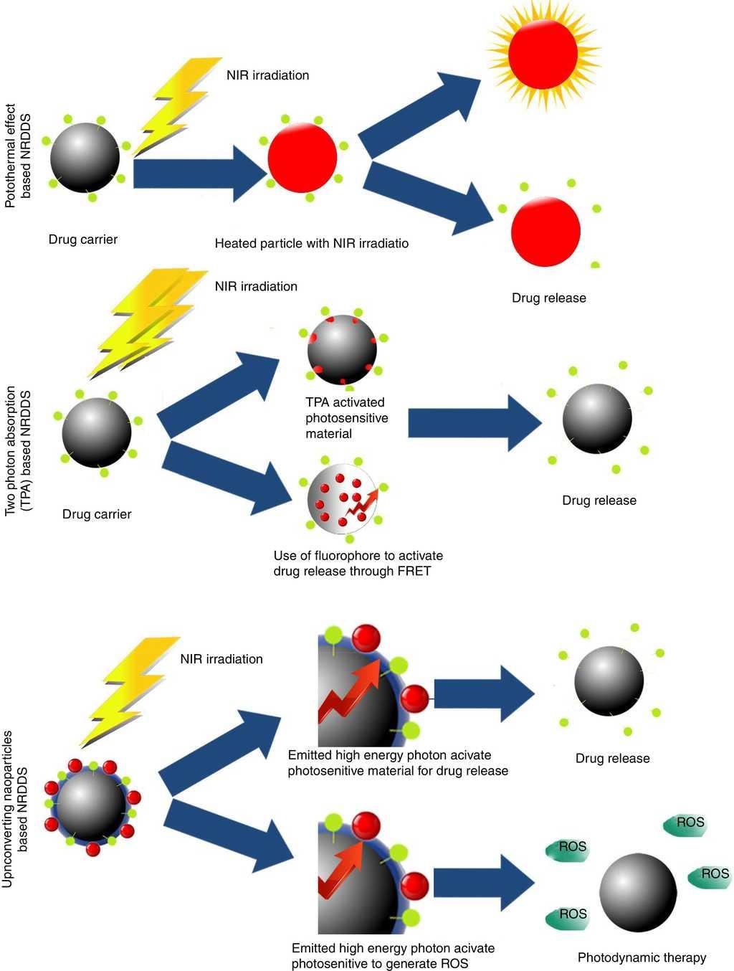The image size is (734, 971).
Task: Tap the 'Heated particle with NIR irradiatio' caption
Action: pyautogui.click(x=311, y=244)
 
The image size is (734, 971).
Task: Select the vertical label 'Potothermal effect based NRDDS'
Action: pyautogui.click(x=18, y=156)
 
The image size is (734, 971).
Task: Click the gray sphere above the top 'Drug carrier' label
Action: pyautogui.click(x=85, y=157)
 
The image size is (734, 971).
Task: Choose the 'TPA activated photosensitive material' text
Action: pyautogui.click(x=346, y=418)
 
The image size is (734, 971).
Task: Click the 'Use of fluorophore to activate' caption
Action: pyautogui.click(x=358, y=556)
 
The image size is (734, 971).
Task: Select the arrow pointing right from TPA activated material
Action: pyautogui.click(x=474, y=423)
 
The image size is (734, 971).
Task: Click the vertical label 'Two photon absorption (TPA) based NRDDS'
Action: pyautogui.click(x=18, y=451)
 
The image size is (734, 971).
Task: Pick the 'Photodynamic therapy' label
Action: pyautogui.click(x=642, y=957)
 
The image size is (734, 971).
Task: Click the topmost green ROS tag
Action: pyautogui.click(x=685, y=824)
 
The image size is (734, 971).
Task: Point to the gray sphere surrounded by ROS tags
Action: pyautogui.click(x=637, y=892)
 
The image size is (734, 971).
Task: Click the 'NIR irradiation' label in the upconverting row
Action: pyautogui.click(x=221, y=659)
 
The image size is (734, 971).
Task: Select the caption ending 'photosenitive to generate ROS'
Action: pyautogui.click(x=392, y=956)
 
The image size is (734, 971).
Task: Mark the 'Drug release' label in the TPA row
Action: pyautogui.click(x=599, y=501)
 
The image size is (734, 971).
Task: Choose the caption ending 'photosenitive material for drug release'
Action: pyautogui.click(x=397, y=763)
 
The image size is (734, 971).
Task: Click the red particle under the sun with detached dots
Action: pyautogui.click(x=545, y=232)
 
